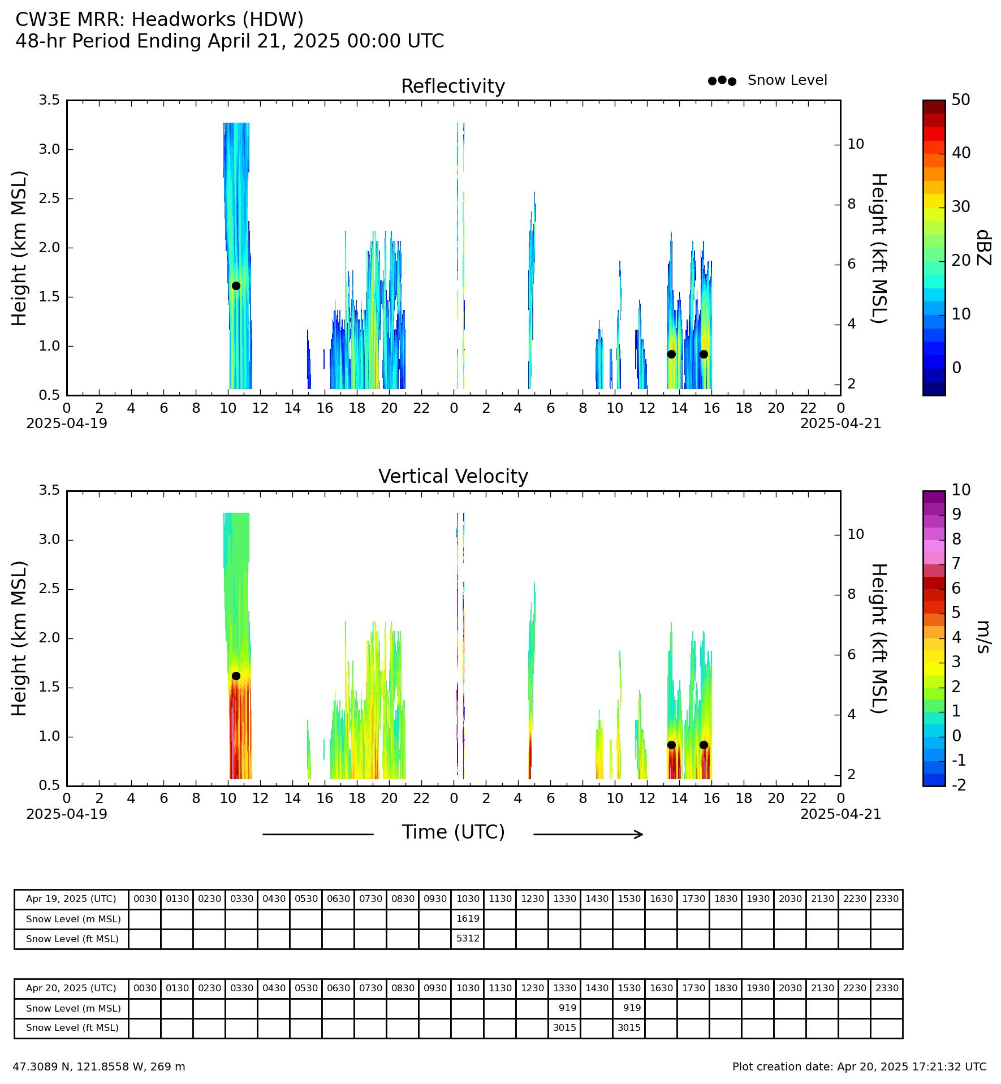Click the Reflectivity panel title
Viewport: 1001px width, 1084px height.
[x=453, y=87]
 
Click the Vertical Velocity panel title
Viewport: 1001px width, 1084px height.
[x=453, y=477]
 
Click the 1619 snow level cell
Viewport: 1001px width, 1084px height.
[x=468, y=919]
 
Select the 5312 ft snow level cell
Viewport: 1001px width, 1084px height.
[x=468, y=939]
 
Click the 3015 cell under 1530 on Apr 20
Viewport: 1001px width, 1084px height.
[x=629, y=1027]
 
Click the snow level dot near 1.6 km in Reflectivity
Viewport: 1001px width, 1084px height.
[x=236, y=286]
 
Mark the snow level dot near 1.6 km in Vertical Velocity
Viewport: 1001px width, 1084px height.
[x=236, y=676]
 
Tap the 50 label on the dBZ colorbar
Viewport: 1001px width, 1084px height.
[x=961, y=100]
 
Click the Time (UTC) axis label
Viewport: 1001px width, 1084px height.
[x=453, y=832]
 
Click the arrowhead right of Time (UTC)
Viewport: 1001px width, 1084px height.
[x=640, y=834]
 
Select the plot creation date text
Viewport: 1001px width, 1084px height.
[x=859, y=1067]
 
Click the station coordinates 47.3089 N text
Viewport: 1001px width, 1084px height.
[x=99, y=1067]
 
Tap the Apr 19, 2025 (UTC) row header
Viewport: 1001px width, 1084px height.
[x=71, y=899]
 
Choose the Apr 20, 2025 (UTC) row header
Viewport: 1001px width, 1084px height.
[x=71, y=988]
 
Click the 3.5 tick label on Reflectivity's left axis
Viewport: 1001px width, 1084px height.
[x=49, y=100]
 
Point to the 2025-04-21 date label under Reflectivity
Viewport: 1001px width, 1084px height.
[x=840, y=424]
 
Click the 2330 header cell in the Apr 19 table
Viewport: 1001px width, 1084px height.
[x=887, y=899]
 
